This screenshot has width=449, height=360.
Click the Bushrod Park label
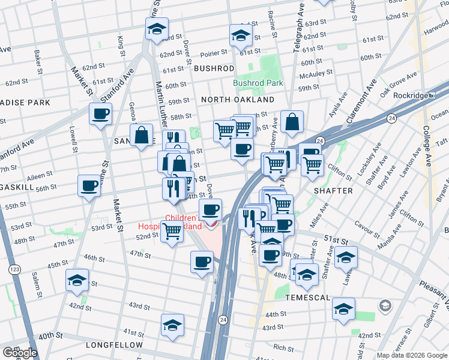pos(258,83)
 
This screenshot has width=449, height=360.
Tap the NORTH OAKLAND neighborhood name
pos(238,100)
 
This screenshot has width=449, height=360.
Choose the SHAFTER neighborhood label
pos(333,191)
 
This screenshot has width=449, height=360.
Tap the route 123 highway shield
pos(12,271)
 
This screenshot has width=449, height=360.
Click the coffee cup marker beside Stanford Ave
pos(100,113)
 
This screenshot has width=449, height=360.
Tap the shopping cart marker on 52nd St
pos(172,230)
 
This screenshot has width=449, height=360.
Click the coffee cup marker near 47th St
pos(202,261)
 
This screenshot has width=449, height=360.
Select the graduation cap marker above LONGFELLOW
pos(172,325)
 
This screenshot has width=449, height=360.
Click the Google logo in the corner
pos(20,353)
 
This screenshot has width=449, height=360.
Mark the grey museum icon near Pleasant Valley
pos(385,307)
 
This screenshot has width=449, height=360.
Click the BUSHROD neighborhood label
pos(214,69)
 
